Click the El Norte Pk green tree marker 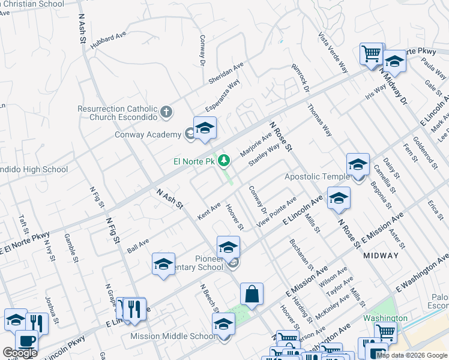pyautogui.click(x=224, y=161)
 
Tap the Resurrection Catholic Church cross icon pyautogui.click(x=166, y=112)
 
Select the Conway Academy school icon pyautogui.click(x=204, y=130)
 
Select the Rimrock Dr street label pyautogui.click(x=300, y=78)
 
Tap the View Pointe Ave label pyautogui.click(x=277, y=211)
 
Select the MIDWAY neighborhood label pyautogui.click(x=381, y=256)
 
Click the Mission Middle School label pyautogui.click(x=173, y=336)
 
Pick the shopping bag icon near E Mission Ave pyautogui.click(x=252, y=294)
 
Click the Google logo pyautogui.click(x=20, y=353)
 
